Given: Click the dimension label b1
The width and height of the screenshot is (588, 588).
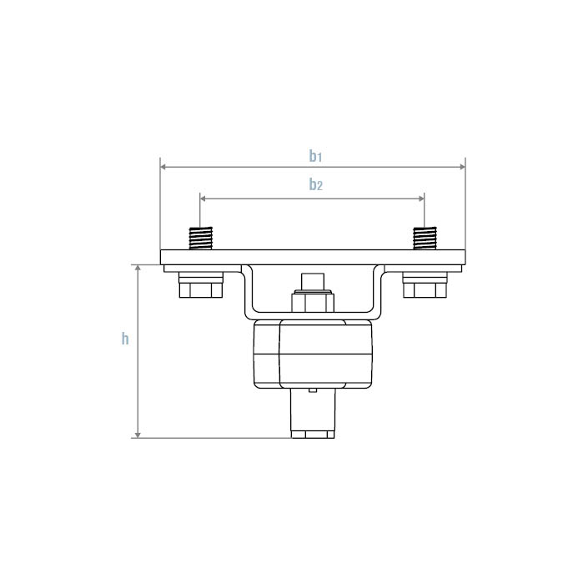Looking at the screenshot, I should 314,155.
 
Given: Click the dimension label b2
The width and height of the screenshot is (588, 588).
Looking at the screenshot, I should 314,184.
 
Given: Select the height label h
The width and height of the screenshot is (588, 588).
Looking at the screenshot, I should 125,339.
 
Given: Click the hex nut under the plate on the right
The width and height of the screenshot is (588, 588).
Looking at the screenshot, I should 425,289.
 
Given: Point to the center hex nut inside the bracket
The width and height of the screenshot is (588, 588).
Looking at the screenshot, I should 313,301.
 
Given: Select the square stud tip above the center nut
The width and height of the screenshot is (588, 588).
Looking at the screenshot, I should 313,281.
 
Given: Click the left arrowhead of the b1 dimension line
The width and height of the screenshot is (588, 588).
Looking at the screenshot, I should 164,167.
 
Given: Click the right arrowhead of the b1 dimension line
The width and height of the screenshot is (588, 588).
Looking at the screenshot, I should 461,167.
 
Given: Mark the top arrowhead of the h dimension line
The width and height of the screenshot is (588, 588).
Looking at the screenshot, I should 138,269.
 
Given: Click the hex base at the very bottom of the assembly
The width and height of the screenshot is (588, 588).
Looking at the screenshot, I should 313,434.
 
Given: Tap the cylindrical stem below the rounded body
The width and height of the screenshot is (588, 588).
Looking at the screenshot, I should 313,410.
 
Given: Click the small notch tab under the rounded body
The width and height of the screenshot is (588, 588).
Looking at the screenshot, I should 313,389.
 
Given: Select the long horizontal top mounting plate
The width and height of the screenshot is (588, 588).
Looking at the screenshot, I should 313,257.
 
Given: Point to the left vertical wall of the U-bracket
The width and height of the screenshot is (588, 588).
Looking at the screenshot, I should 244,292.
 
